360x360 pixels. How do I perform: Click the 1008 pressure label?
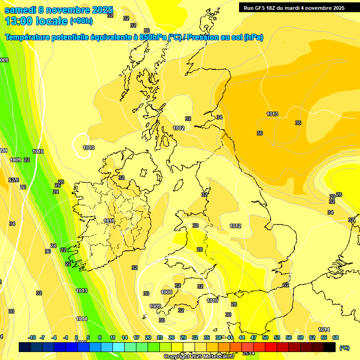click(x=166, y=292)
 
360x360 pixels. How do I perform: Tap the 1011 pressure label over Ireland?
click(x=109, y=221)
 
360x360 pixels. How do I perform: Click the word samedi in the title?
click(x=21, y=10)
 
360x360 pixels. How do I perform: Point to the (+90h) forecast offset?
click(x=81, y=21)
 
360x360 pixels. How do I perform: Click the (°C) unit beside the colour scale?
click(x=344, y=348)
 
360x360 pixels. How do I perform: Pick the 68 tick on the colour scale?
click(x=335, y=337)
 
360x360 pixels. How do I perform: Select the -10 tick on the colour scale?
click(x=32, y=337)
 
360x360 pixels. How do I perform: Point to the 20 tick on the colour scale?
click(x=148, y=337)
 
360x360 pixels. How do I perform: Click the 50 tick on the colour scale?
click(x=265, y=337)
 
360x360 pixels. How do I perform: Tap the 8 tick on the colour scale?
click(x=100, y=337)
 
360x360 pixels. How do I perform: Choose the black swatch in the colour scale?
click(x=330, y=347)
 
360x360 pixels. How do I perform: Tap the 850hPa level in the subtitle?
click(x=153, y=37)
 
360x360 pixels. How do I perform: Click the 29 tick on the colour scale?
click(x=183, y=337)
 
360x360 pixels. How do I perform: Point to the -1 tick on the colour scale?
click(x=66, y=337)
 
